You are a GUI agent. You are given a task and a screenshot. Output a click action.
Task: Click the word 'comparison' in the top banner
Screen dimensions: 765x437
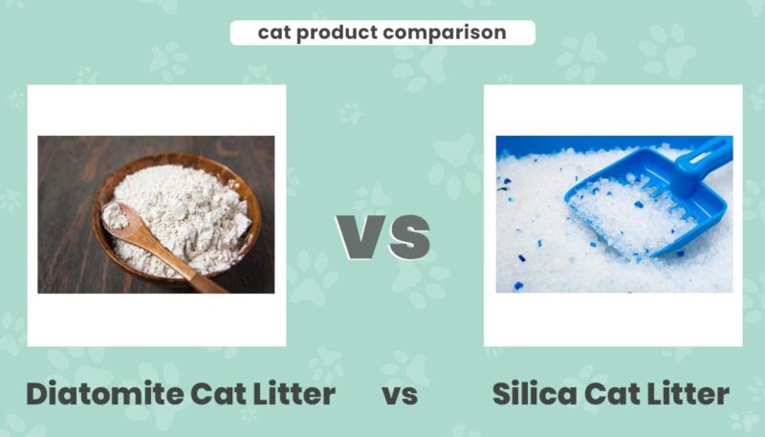(x=445, y=33)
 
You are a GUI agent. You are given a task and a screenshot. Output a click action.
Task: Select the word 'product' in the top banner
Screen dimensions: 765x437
(x=338, y=33)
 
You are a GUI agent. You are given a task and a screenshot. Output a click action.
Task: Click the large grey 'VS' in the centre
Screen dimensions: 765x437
(x=383, y=237)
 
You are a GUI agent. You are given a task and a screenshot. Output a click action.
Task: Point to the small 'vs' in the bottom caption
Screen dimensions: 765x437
(x=400, y=395)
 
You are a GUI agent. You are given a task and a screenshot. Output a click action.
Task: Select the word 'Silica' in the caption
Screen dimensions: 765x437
(x=535, y=393)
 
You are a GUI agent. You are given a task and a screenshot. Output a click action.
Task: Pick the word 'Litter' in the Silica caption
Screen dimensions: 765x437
(x=688, y=393)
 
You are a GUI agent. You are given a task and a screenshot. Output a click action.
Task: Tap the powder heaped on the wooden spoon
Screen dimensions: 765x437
(x=115, y=216)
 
